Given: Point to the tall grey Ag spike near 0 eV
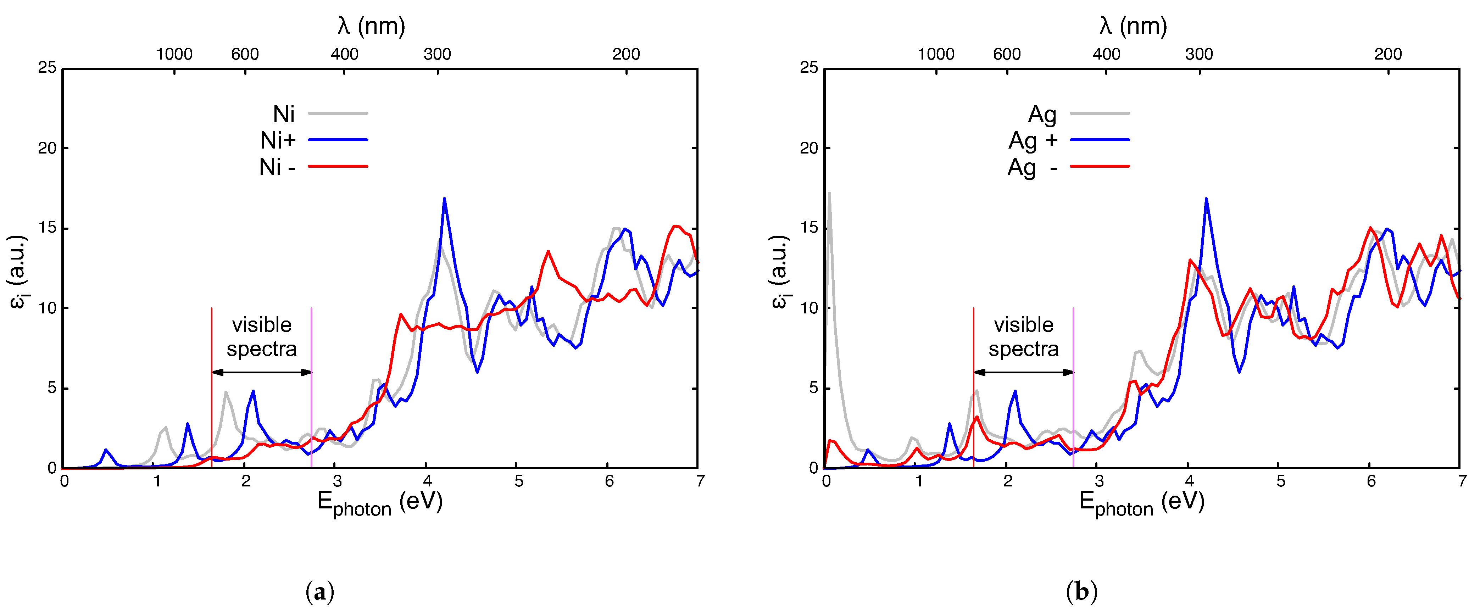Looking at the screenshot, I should coord(829,194).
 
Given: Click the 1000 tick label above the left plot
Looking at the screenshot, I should coord(174,55).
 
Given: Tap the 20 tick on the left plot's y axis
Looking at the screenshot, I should coord(47,148).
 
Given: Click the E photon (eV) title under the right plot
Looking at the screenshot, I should coord(1142,503).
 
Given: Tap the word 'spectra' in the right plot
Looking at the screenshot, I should coord(1023,349).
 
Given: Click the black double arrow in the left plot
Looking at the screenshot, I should coord(261,372).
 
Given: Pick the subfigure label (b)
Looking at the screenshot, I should coord(1081,592).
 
